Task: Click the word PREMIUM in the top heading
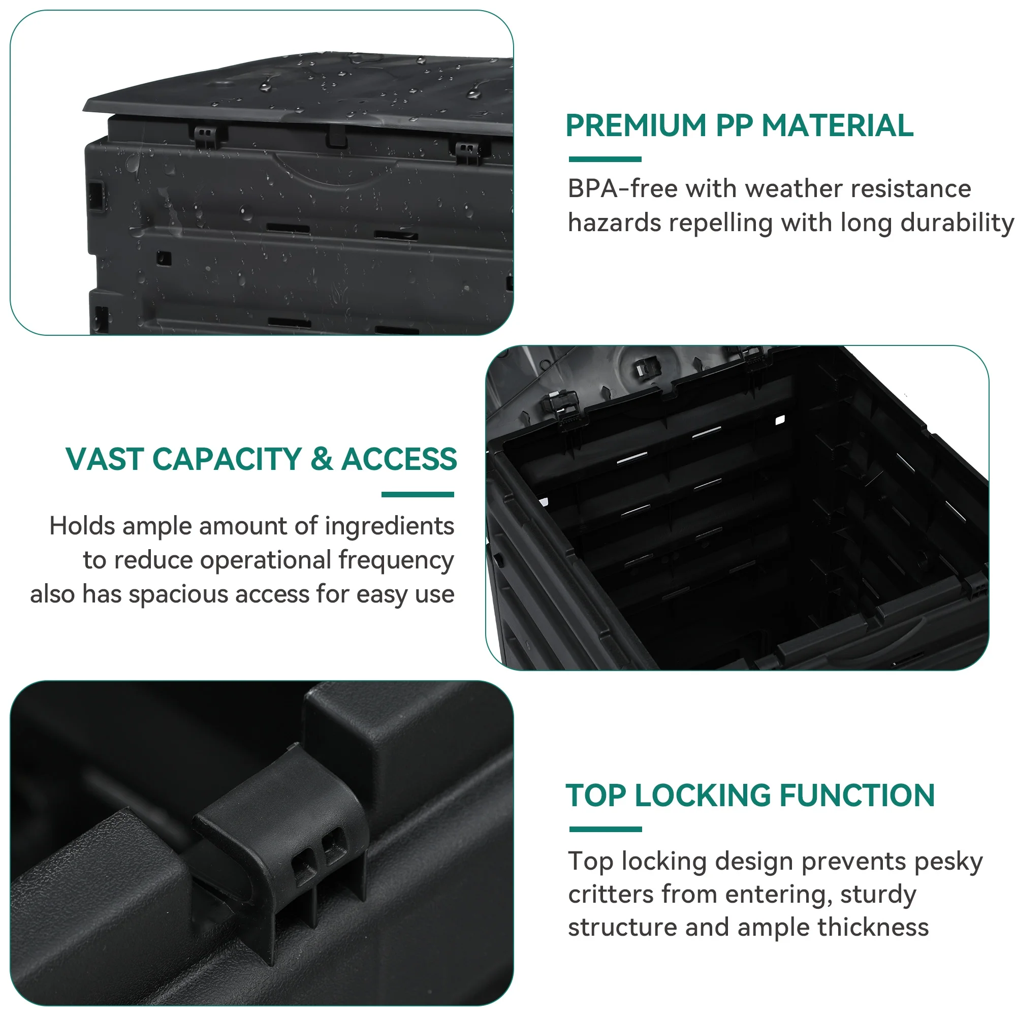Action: pyautogui.click(x=636, y=125)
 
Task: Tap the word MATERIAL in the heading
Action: pyautogui.click(x=837, y=125)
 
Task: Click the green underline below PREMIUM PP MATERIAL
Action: pyautogui.click(x=605, y=160)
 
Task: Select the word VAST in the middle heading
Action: pyautogui.click(x=104, y=459)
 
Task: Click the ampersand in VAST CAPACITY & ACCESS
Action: pyautogui.click(x=322, y=459)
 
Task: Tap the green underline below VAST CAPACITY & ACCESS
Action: pyautogui.click(x=418, y=494)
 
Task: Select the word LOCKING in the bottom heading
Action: pyautogui.click(x=703, y=795)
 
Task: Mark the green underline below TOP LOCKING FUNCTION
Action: pyautogui.click(x=606, y=830)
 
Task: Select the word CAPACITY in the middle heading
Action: pyautogui.click(x=227, y=459)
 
